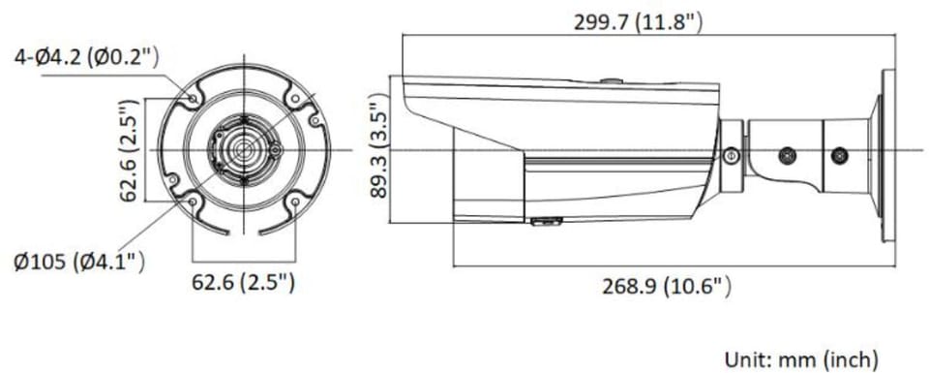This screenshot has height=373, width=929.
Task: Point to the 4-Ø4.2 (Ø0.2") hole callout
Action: [x=85, y=57]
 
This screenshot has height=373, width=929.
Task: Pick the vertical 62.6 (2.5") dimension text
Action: [x=127, y=149]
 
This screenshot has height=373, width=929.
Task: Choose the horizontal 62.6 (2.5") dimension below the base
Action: [x=243, y=283]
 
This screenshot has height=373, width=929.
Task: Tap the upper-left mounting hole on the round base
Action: [x=194, y=99]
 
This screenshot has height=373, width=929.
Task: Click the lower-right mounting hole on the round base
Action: [x=292, y=201]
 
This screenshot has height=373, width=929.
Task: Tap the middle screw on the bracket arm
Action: [x=788, y=154]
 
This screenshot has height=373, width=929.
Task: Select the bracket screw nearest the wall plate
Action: [x=839, y=154]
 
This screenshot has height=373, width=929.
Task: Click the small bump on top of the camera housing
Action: [x=609, y=81]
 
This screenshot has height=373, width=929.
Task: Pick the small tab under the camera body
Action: [x=546, y=222]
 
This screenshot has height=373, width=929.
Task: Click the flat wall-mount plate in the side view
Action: [x=886, y=155]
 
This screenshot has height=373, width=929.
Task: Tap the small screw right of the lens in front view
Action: [x=275, y=151]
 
